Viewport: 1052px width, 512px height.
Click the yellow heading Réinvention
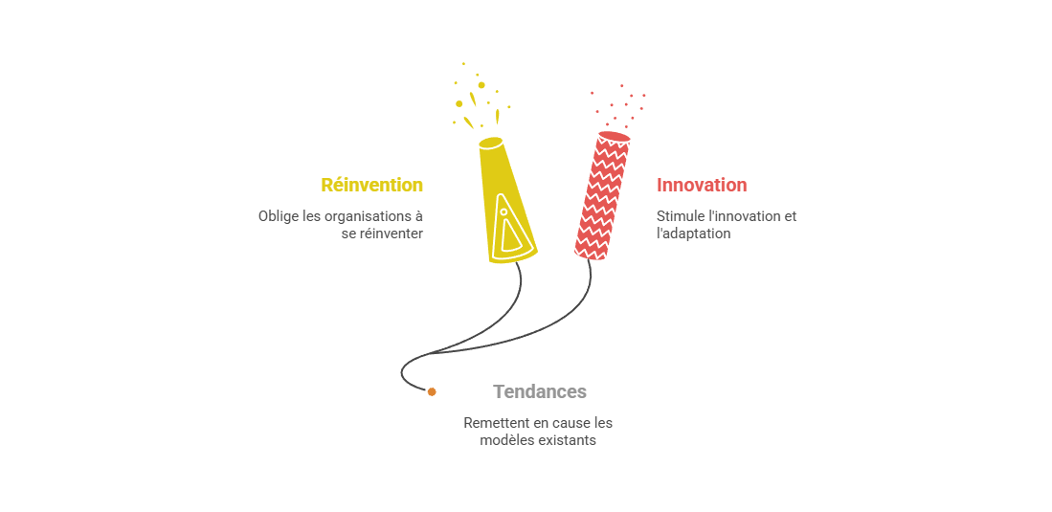[x=371, y=185]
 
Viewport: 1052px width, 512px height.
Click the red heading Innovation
[x=702, y=185]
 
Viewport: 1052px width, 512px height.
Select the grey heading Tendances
[x=540, y=391]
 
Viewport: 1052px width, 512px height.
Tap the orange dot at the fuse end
[x=432, y=391]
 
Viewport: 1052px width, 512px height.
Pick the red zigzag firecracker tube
[x=603, y=196]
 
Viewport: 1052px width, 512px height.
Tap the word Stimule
[x=678, y=216]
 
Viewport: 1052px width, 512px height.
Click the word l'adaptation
[x=693, y=234]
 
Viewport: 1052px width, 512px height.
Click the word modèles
[x=504, y=440]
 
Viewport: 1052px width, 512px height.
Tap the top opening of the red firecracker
[x=615, y=137]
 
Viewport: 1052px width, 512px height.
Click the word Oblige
[x=278, y=216]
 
